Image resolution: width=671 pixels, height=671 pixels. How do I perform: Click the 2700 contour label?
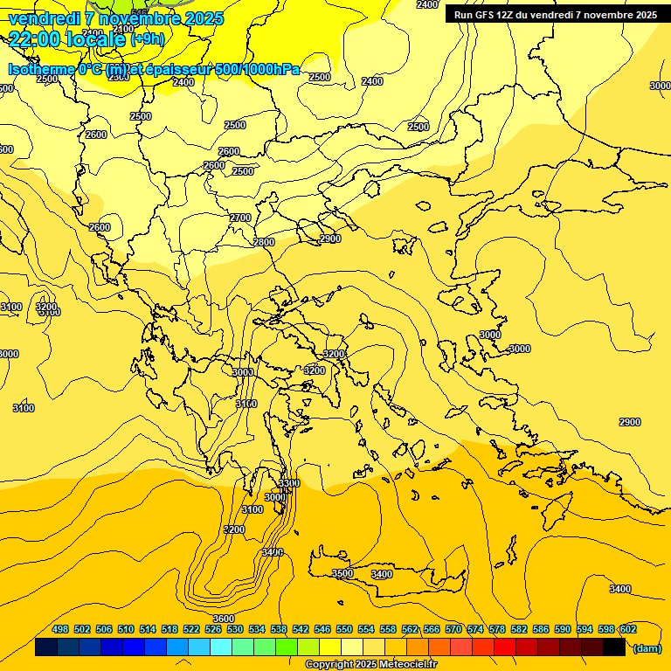[240, 218]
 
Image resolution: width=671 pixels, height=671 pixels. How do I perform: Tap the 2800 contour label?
[264, 242]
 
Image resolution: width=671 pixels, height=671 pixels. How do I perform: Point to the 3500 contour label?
[342, 573]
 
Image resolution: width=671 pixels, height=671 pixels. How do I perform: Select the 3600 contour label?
[224, 619]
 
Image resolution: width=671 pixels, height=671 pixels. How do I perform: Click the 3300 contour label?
[288, 483]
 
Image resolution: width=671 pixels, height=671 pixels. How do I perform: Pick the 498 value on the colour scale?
[60, 629]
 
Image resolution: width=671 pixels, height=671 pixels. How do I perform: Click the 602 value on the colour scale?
[628, 629]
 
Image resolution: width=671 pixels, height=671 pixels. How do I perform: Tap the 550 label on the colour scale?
[344, 629]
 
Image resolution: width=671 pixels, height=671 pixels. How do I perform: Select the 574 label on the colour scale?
[475, 629]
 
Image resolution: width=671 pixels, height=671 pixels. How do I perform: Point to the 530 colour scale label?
[235, 629]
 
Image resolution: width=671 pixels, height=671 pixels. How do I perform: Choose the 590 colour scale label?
[563, 629]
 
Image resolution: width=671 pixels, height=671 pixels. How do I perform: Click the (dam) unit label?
[647, 647]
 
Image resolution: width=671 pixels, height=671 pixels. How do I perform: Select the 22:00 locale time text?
[68, 38]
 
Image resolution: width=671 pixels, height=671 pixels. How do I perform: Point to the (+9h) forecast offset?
[147, 39]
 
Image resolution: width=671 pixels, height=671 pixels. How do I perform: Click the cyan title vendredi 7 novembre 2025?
[116, 18]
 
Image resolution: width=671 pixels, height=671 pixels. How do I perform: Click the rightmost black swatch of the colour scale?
[614, 647]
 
